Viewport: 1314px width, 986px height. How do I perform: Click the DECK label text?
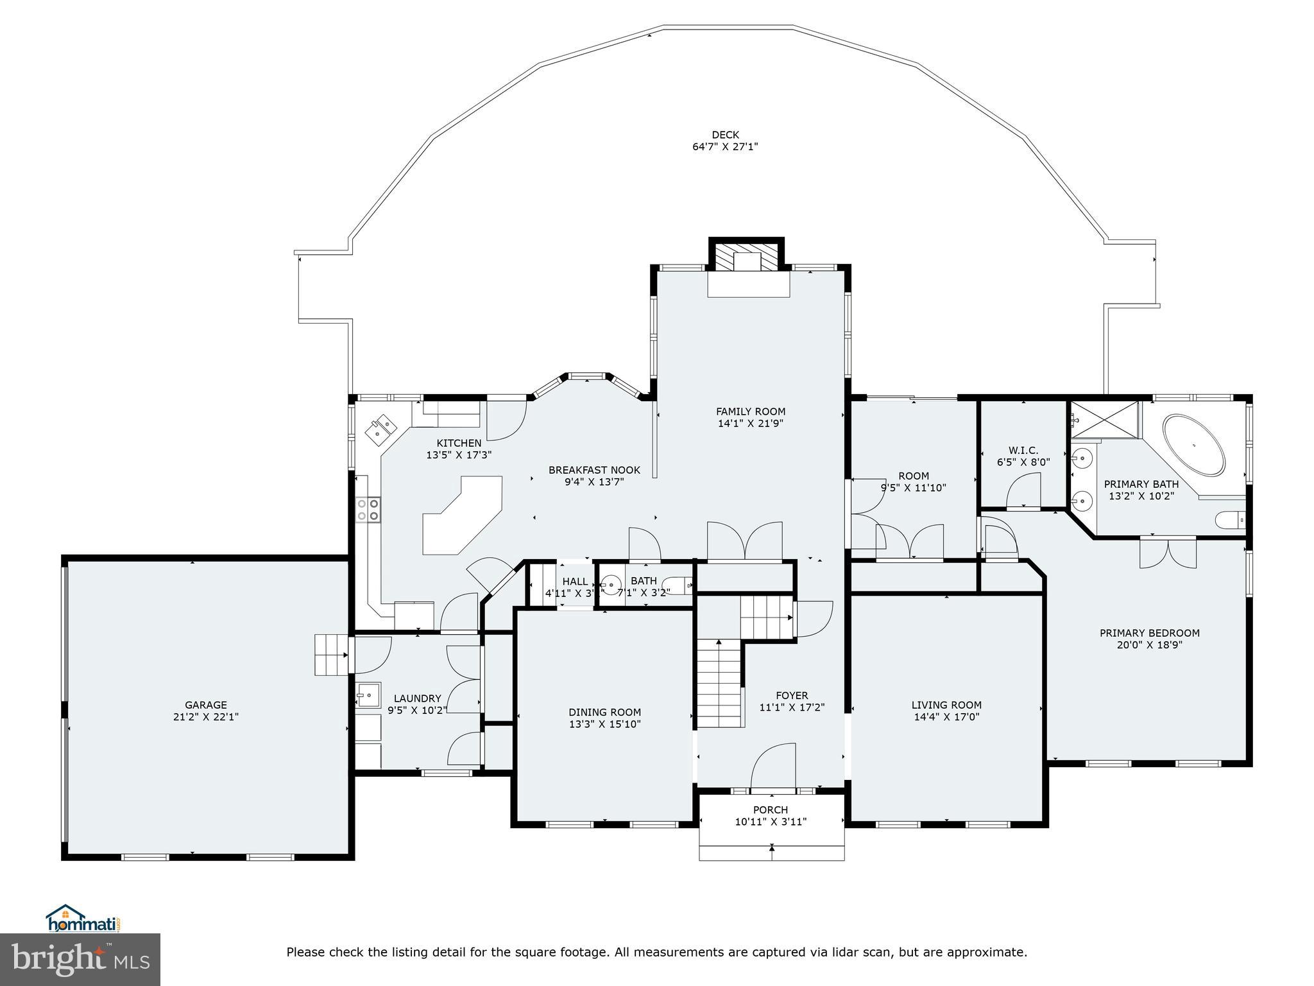coord(725,135)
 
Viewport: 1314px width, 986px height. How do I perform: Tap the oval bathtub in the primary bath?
coord(1194,445)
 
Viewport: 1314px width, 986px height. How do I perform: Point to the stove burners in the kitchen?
coord(368,509)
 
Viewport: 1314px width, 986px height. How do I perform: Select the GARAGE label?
coord(206,705)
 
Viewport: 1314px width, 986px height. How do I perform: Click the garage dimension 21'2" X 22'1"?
coord(206,717)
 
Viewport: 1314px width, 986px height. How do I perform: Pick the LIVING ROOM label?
coord(946,705)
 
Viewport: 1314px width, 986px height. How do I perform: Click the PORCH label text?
coord(771,809)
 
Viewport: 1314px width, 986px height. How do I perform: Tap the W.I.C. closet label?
coord(1023,451)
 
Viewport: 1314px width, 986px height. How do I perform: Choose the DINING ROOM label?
coord(604,712)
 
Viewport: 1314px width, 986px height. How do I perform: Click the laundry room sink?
coord(368,695)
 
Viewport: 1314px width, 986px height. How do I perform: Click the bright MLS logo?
coord(80,960)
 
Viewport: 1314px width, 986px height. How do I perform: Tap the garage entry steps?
coord(331,655)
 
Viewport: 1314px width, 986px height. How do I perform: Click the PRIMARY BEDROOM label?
coord(1149,633)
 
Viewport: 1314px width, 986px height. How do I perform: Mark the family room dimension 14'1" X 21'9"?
coord(750,424)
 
